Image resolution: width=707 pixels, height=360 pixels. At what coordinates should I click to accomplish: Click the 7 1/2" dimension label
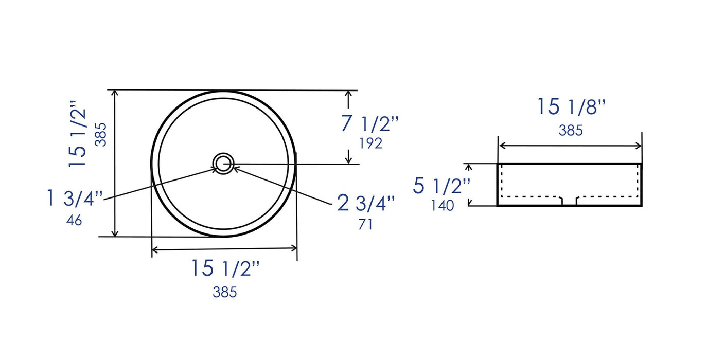coord(369,124)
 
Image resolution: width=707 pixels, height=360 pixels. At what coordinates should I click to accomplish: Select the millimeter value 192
coord(370,143)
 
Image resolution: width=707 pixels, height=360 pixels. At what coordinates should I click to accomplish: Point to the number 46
coord(74,220)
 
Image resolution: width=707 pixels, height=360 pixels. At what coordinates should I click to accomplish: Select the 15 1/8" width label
coord(572,107)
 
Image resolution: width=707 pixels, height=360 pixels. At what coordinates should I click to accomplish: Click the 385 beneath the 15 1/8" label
coord(571,131)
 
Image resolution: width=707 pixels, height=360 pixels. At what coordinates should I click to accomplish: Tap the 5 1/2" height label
coord(441,186)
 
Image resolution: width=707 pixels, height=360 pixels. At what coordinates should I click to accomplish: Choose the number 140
coord(443,205)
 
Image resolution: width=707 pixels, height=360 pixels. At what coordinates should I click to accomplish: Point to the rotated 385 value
coord(101,135)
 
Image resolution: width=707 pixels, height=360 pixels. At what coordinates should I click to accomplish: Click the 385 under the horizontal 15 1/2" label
coord(225,292)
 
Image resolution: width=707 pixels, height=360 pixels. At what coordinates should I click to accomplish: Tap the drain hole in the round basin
coord(223,164)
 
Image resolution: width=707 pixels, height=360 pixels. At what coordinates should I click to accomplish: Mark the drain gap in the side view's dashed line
coord(569,201)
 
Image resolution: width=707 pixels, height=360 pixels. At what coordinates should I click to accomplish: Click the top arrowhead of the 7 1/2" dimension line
coord(349,94)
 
